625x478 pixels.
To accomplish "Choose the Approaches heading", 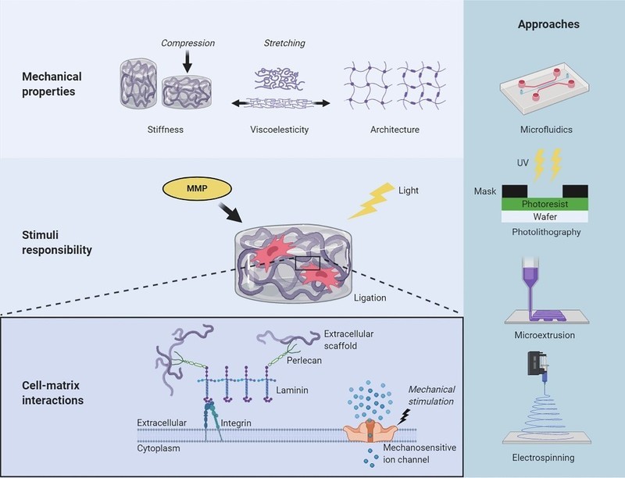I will click(x=548, y=24).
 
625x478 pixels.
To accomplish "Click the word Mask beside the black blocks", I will click(x=484, y=191).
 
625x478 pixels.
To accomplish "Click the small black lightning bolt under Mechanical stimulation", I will click(x=404, y=417).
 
